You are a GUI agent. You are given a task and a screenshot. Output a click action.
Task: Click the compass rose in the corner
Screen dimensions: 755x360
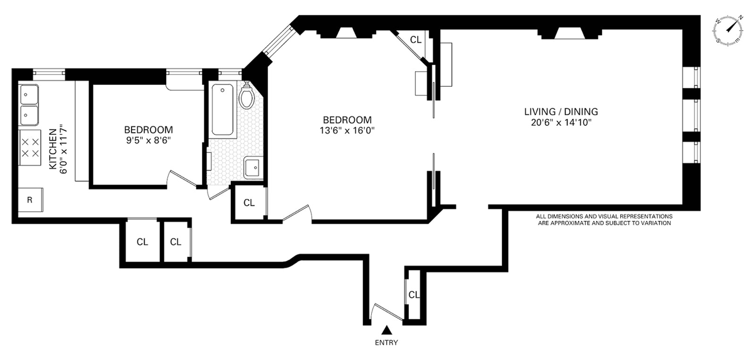tap(728, 30)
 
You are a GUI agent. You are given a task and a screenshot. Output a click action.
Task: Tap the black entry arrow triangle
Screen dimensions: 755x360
tap(387, 330)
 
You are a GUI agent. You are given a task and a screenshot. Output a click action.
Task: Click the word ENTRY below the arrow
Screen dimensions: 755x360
tap(386, 343)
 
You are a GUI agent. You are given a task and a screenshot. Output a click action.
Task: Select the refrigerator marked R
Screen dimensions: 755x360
tap(30, 200)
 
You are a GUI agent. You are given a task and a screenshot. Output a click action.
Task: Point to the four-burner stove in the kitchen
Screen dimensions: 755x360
tap(30, 148)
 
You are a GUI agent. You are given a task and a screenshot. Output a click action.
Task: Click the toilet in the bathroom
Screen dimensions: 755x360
tap(247, 96)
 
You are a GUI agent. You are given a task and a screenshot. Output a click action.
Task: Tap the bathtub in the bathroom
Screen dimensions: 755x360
tap(223, 110)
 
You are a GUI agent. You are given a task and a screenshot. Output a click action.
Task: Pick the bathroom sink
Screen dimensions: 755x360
tap(254, 168)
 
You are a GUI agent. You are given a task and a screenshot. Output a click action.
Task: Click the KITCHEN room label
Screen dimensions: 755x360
tap(53, 149)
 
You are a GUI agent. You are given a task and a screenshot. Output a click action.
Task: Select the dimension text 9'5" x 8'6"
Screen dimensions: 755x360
tap(148, 140)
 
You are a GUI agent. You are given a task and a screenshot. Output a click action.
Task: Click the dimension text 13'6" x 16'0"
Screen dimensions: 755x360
tap(347, 130)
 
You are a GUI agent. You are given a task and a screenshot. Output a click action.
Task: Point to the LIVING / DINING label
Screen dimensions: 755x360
tap(561, 111)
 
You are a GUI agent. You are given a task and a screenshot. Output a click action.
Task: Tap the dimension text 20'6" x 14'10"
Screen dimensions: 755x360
tap(561, 122)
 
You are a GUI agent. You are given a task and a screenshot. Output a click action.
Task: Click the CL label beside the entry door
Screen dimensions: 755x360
tap(414, 295)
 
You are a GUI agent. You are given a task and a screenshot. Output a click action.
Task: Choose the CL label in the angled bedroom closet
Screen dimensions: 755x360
tap(416, 40)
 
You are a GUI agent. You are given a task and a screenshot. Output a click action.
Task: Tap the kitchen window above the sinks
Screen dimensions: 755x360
tap(49, 73)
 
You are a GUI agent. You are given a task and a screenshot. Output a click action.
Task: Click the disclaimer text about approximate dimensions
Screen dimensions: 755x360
tap(604, 220)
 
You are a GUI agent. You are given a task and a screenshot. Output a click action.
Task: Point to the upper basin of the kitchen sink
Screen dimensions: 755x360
tap(30, 94)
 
